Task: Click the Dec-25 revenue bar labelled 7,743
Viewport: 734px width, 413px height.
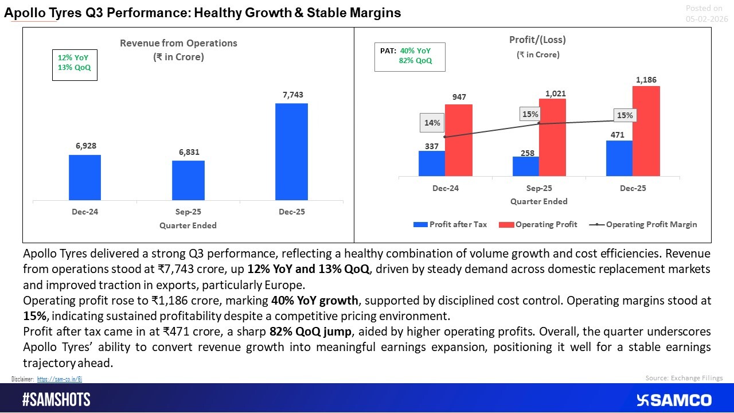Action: (291, 152)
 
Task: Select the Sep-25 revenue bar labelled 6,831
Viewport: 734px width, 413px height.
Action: (188, 181)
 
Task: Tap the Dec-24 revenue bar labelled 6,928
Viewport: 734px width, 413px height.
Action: (85, 178)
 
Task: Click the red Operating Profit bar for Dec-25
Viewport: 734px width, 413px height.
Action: (646, 131)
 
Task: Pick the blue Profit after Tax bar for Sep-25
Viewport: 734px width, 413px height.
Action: (526, 166)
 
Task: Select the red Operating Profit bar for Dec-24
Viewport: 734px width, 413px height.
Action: (459, 140)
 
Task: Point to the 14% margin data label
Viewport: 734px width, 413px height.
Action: (432, 123)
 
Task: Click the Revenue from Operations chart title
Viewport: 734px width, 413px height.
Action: (178, 44)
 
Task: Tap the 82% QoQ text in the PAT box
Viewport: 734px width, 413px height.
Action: (415, 61)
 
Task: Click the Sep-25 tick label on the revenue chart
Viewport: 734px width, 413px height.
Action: (188, 212)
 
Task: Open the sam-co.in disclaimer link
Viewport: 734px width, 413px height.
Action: (60, 379)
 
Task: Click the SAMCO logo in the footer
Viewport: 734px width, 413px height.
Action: (674, 400)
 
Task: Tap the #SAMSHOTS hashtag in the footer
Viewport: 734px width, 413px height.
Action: (56, 400)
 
